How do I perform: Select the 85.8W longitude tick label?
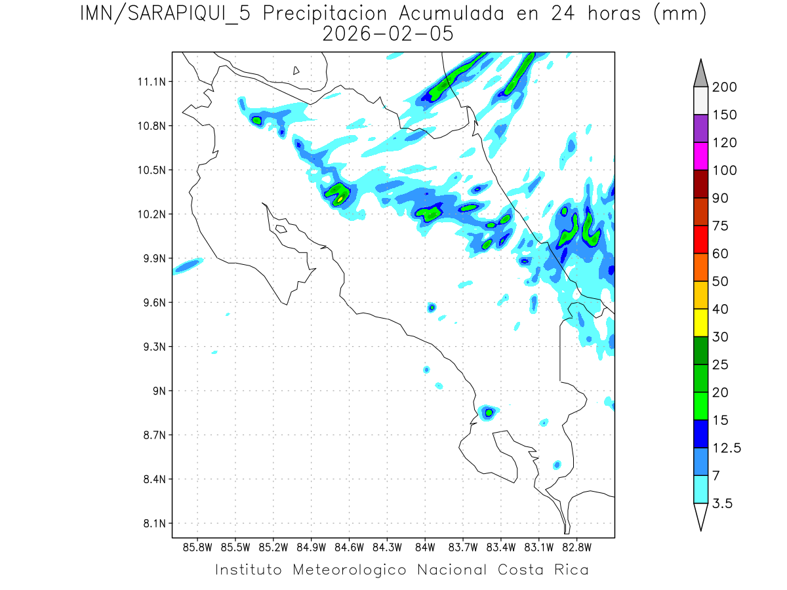tap(198, 547)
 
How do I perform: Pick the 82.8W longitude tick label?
tap(576, 547)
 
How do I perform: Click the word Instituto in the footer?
tap(249, 570)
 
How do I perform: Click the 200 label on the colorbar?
tap(725, 87)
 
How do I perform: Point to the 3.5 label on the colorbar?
tap(721, 503)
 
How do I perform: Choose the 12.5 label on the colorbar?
tap(725, 448)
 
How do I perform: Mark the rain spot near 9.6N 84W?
tap(432, 307)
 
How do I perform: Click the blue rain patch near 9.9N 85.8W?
tap(188, 265)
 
